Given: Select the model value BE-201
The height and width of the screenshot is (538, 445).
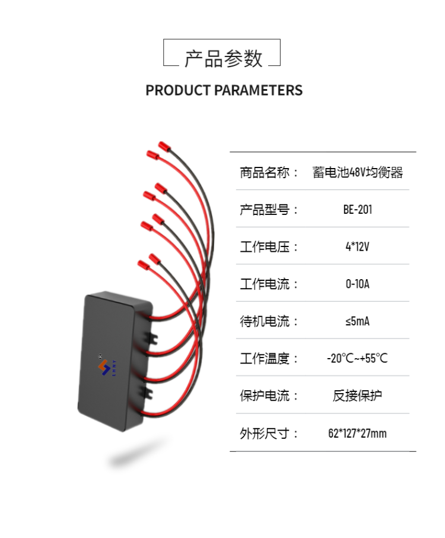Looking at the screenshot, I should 358,210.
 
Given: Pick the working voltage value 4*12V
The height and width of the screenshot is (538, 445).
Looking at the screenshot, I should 358,246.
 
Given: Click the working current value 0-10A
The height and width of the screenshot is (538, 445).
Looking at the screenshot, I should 358,284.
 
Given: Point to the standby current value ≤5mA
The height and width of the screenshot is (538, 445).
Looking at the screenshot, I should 358,321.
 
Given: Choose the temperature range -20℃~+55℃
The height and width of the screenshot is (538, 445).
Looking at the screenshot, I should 358,359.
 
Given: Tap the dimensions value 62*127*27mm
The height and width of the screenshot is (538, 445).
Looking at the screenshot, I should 357,433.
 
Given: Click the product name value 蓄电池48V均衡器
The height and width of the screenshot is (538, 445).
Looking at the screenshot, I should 358,172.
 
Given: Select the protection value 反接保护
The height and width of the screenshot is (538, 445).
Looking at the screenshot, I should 358,395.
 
